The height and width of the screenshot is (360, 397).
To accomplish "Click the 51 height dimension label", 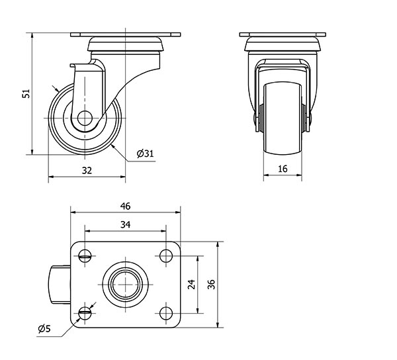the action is (26, 93).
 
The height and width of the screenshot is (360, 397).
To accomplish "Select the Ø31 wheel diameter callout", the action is (146, 154).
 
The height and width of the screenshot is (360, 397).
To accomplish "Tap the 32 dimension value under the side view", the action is (87, 171).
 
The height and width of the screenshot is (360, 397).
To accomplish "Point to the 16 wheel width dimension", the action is (283, 169).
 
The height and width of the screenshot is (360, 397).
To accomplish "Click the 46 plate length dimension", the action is (125, 206).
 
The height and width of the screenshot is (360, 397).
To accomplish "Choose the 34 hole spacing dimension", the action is (125, 224).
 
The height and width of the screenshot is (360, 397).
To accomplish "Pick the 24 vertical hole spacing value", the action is (192, 285).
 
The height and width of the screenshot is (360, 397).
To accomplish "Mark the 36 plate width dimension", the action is (211, 285).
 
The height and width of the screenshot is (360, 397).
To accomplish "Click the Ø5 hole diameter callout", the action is (44, 329).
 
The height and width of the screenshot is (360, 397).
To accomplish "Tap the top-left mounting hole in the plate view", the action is (85, 256).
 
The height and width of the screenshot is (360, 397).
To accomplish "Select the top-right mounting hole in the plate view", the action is (166, 256).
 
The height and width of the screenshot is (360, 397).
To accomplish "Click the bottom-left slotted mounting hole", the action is (85, 313).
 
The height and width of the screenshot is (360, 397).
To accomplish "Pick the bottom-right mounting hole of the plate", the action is (166, 313).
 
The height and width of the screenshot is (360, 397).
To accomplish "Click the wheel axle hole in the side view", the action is (85, 118).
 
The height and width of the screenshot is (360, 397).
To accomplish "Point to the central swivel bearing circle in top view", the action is (125, 285).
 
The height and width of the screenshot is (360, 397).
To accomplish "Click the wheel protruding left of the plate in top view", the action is (60, 285).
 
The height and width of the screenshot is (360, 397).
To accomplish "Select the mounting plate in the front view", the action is (283, 34).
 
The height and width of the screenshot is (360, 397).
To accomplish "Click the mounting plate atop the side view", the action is (125, 34).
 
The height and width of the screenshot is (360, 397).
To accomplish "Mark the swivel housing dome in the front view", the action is (283, 44).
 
